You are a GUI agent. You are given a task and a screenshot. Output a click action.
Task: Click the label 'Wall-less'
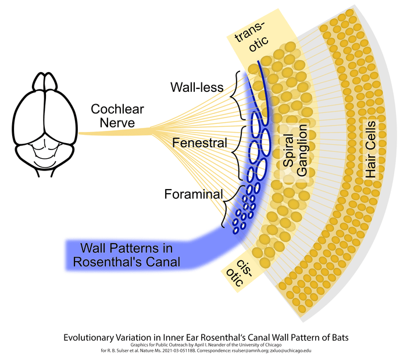[x=197, y=88]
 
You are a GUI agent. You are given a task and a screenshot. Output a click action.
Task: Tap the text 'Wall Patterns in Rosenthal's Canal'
[x=126, y=254]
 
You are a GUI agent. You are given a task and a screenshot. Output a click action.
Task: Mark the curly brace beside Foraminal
[x=228, y=205]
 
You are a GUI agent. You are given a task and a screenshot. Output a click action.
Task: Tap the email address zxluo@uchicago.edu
[x=287, y=350]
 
